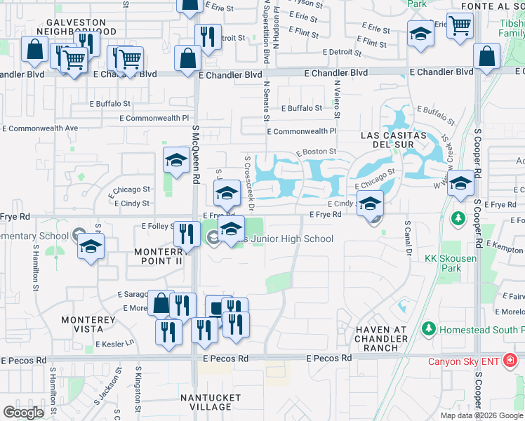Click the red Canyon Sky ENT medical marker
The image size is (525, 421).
510,361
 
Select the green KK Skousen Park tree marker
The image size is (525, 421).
458,219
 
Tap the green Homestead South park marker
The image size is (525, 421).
427,328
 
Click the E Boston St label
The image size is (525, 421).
316,152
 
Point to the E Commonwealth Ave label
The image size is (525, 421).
40,128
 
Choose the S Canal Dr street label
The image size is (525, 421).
407,238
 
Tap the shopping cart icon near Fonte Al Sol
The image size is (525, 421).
460,25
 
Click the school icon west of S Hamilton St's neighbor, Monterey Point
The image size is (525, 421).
91,247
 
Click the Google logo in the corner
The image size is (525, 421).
23,413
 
